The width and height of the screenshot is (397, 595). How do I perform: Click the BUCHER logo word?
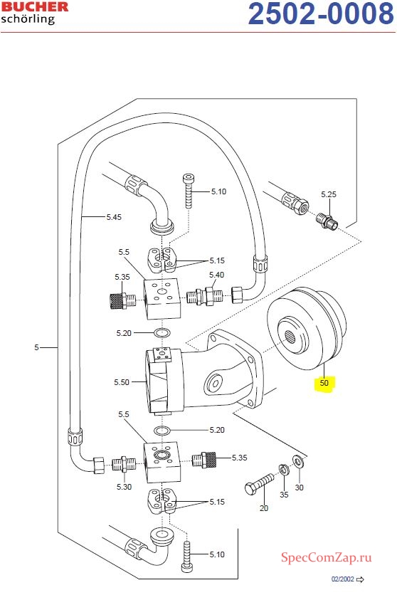(x=35, y=7)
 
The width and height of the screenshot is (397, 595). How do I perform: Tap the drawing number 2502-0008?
(x=321, y=14)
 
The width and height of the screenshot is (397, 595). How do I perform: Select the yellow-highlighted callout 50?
(x=324, y=382)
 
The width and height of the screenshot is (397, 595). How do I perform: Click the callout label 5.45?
(x=114, y=217)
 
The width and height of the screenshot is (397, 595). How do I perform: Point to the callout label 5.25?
(x=329, y=194)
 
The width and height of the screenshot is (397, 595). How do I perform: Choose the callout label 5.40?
(x=216, y=275)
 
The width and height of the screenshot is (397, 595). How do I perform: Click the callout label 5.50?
(x=122, y=382)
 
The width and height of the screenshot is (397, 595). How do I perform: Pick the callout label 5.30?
(x=124, y=487)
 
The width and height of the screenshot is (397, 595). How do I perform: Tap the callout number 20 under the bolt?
(x=264, y=507)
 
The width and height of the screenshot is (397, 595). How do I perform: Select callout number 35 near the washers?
(x=284, y=495)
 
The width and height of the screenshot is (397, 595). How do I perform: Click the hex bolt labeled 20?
(x=260, y=483)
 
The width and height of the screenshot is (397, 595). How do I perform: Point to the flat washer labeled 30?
(x=297, y=460)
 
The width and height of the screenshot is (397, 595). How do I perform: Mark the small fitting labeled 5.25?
(x=327, y=221)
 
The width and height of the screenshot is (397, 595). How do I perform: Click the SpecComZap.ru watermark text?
(x=326, y=557)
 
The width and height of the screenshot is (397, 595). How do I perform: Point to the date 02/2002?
(x=343, y=579)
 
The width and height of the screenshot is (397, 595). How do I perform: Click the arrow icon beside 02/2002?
(x=360, y=579)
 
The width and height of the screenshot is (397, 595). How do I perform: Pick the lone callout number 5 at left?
(x=36, y=347)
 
